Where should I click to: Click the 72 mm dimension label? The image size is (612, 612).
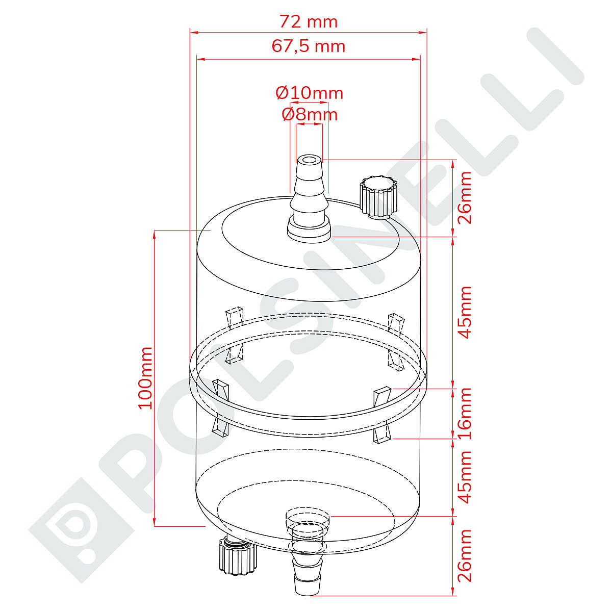[308, 22]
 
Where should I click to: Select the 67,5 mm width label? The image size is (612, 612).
[308, 46]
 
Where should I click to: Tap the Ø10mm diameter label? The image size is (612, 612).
[310, 93]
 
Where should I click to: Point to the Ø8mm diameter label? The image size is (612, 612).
[310, 114]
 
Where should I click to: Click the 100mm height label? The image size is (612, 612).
[145, 378]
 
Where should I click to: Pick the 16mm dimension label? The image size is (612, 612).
[464, 414]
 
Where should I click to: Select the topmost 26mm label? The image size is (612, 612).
[464, 197]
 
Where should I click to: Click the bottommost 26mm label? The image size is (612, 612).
[464, 555]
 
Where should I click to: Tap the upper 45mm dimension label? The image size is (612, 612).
[464, 313]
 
